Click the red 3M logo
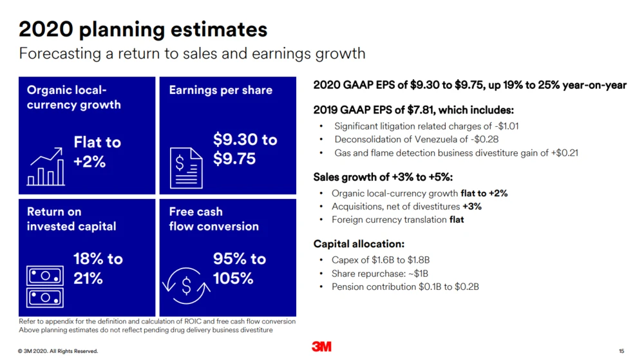click(321, 347)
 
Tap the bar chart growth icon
click(46, 167)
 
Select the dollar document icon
click(186, 168)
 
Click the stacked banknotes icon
click(45, 287)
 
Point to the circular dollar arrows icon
click(187, 286)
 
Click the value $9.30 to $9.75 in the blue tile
click(245, 149)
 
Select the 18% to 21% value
click(98, 269)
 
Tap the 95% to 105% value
click(240, 269)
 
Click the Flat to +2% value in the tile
click(97, 152)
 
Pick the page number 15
click(621, 351)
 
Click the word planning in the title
click(122, 30)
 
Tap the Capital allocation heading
click(359, 244)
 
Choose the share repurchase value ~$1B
click(418, 274)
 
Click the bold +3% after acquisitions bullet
click(472, 207)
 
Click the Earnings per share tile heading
click(220, 90)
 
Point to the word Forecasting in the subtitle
click(60, 53)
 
